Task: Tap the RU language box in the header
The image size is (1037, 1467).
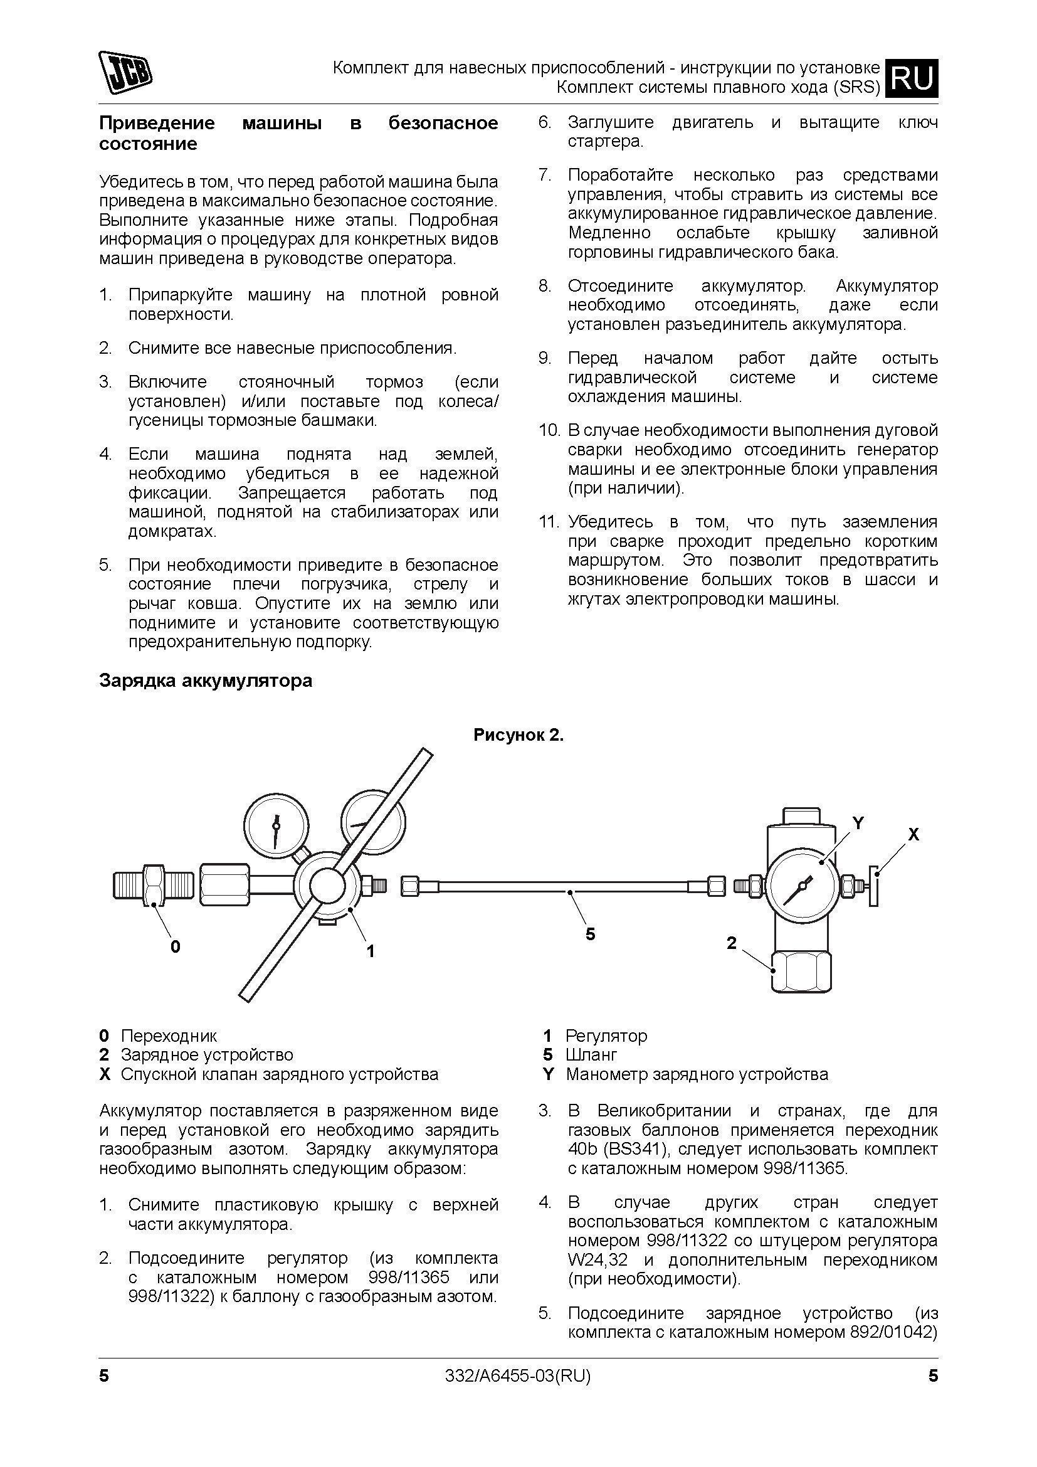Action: click(x=914, y=78)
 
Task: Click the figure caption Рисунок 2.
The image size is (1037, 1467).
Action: click(x=518, y=736)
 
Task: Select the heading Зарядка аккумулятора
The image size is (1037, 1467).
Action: click(x=206, y=681)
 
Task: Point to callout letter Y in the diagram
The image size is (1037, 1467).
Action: click(x=858, y=824)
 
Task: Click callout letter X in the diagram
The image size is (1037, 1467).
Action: click(x=913, y=834)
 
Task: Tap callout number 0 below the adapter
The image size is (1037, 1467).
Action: click(x=176, y=946)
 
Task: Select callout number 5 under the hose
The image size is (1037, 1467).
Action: click(x=590, y=934)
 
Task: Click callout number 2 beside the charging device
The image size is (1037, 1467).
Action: click(x=732, y=943)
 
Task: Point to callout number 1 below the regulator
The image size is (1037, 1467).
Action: click(x=371, y=951)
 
